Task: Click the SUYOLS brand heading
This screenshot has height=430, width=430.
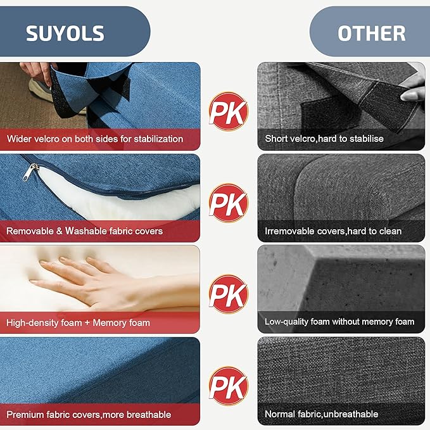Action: (x=65, y=34)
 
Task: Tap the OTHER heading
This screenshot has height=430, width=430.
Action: (x=371, y=34)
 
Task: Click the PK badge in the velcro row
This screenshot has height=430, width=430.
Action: (x=228, y=111)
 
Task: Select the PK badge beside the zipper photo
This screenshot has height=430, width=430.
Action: (x=228, y=203)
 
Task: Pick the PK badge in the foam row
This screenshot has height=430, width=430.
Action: (x=228, y=294)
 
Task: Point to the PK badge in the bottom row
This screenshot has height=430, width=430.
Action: (x=228, y=386)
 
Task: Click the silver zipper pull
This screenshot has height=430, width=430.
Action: (x=30, y=172)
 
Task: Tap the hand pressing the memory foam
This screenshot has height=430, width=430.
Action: (x=104, y=282)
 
